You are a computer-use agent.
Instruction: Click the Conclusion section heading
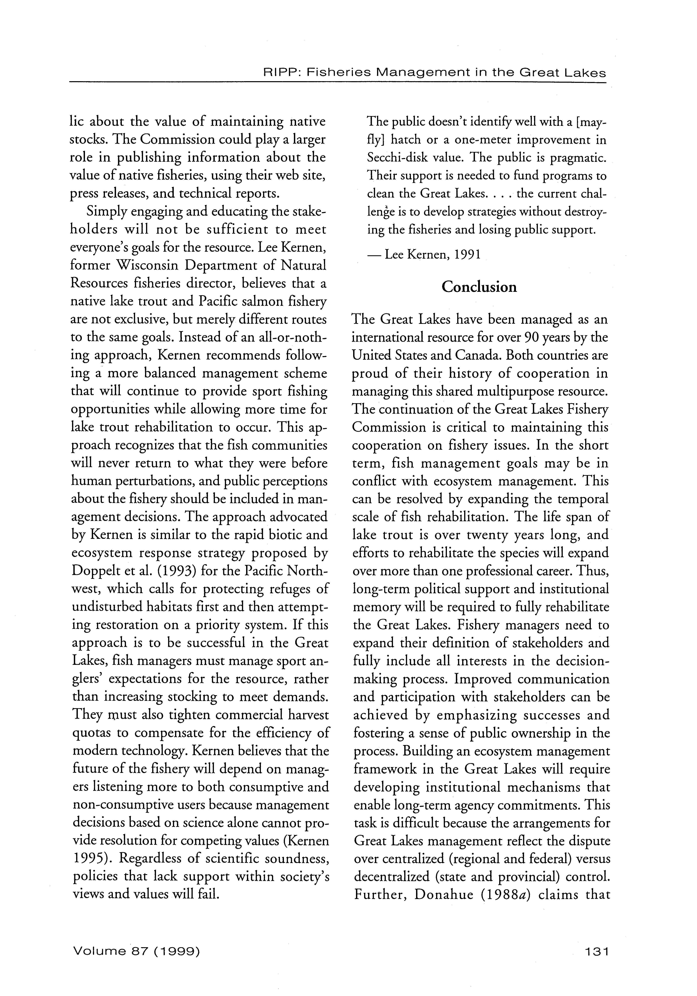(479, 287)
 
